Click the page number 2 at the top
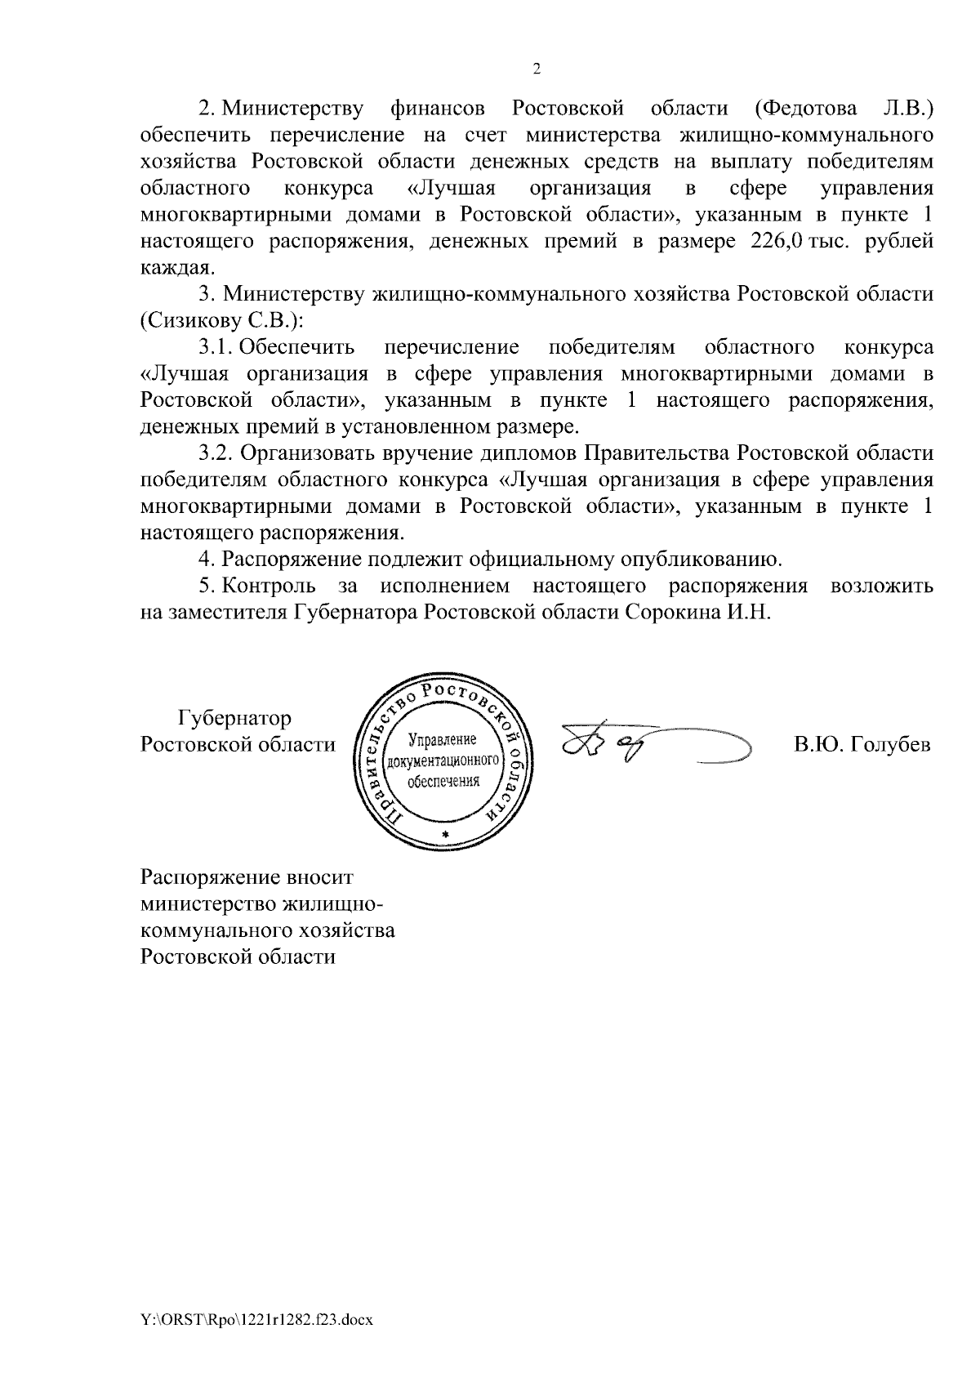click(537, 69)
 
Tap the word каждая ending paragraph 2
click(178, 268)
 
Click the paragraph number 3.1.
click(216, 347)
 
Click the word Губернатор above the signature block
click(234, 719)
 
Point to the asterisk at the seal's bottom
click(445, 832)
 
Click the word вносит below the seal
click(319, 878)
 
